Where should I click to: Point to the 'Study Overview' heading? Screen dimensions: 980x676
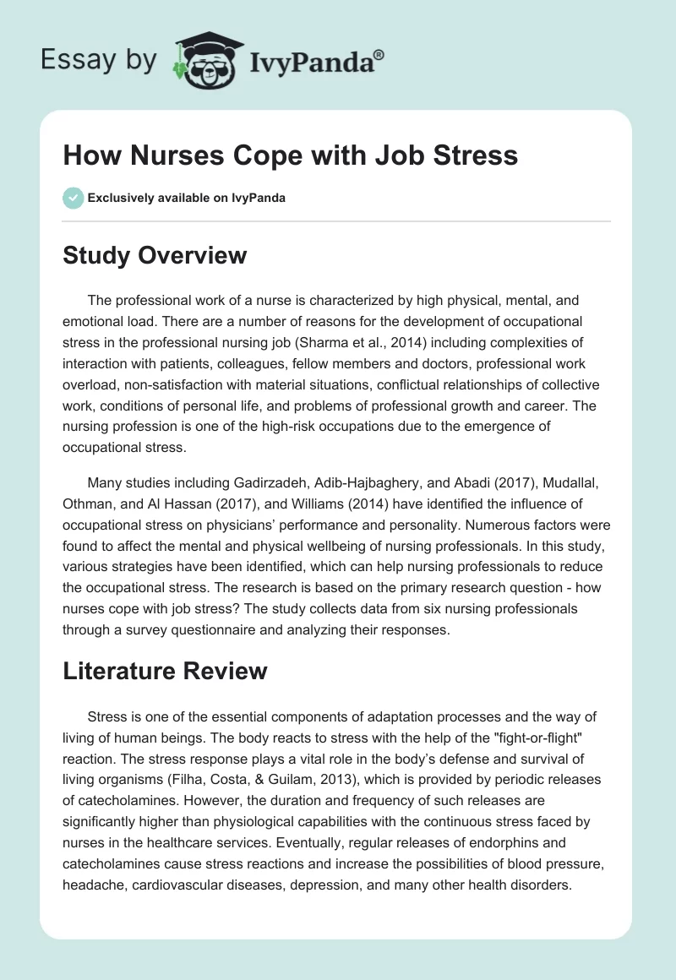(x=155, y=255)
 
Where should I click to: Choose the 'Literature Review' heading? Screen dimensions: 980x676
(x=165, y=671)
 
